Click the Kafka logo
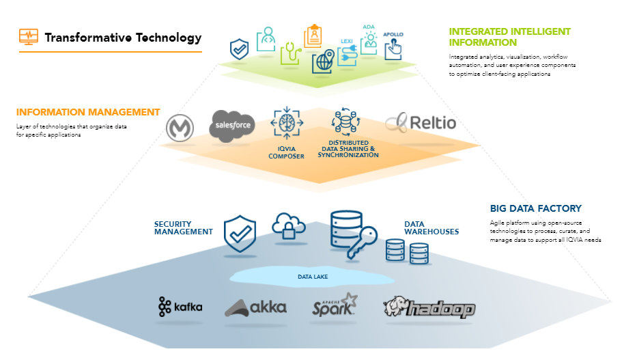click(x=180, y=307)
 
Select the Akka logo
click(x=255, y=308)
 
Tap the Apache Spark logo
click(x=335, y=305)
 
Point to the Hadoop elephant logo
click(x=428, y=307)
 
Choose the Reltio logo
click(x=421, y=123)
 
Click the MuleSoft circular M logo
click(x=180, y=127)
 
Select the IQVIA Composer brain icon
click(x=287, y=124)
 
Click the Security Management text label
click(x=183, y=227)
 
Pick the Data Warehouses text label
click(x=431, y=227)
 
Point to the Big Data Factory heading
click(x=535, y=208)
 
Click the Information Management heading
click(x=88, y=112)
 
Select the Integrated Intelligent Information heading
click(x=509, y=37)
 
